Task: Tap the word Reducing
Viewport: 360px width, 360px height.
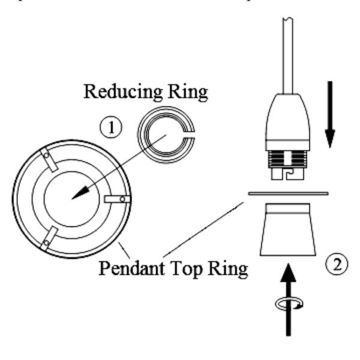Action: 119,92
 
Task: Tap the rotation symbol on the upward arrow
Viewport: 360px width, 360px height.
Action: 289,305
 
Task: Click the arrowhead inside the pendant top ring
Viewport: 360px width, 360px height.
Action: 80,194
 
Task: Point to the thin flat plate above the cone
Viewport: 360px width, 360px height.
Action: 288,193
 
